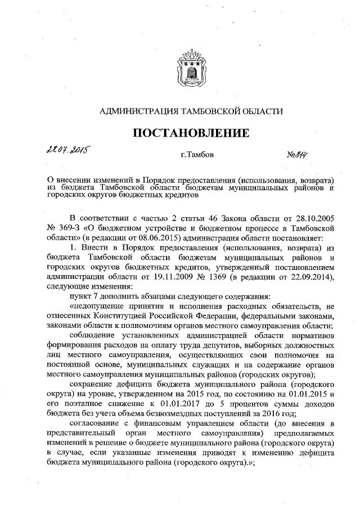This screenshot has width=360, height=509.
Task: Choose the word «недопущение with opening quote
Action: pos(98,305)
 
